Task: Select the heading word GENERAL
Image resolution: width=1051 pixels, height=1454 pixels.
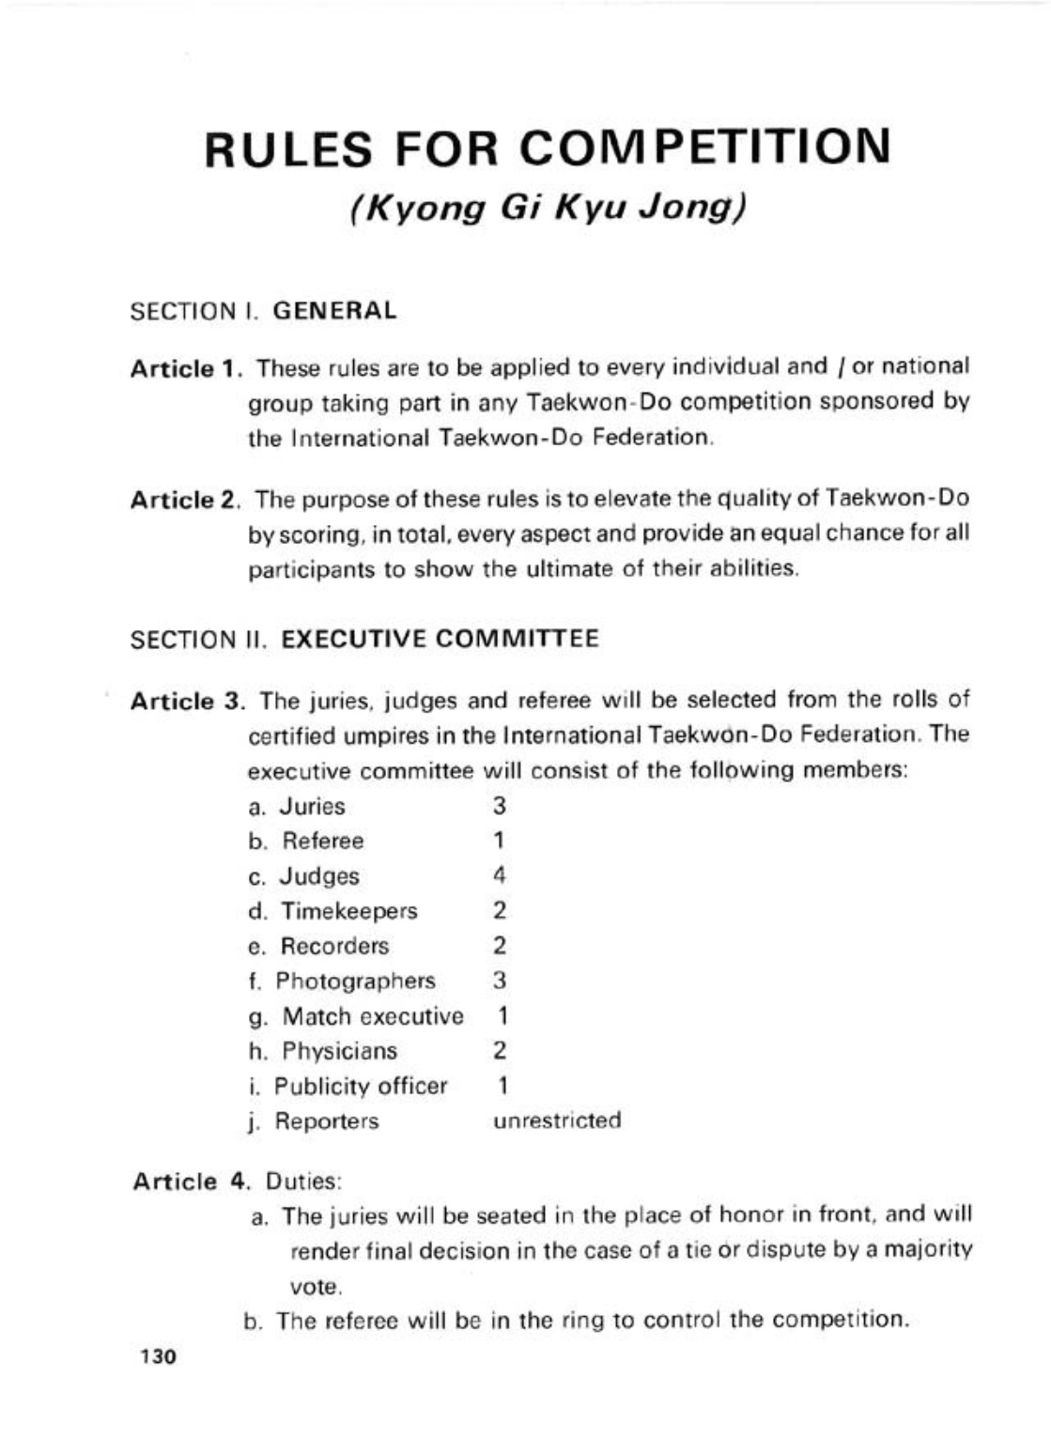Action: pyautogui.click(x=334, y=311)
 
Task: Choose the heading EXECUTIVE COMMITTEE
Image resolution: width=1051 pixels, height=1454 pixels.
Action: pyautogui.click(x=440, y=640)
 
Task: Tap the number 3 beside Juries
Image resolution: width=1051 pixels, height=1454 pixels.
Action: pyautogui.click(x=500, y=806)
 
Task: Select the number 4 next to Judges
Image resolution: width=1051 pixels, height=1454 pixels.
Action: pyautogui.click(x=500, y=875)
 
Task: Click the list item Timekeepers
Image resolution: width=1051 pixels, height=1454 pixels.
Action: pyautogui.click(x=348, y=911)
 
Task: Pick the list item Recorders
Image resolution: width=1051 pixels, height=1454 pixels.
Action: pyautogui.click(x=334, y=946)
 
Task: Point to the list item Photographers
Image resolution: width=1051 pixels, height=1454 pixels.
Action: pyautogui.click(x=355, y=981)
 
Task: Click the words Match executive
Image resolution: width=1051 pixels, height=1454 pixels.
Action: pyautogui.click(x=373, y=1016)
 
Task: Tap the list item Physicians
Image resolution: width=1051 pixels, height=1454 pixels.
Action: pyautogui.click(x=339, y=1051)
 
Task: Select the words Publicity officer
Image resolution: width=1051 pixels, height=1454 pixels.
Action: pyautogui.click(x=361, y=1086)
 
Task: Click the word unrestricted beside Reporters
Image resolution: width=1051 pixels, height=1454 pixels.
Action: pyautogui.click(x=557, y=1121)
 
